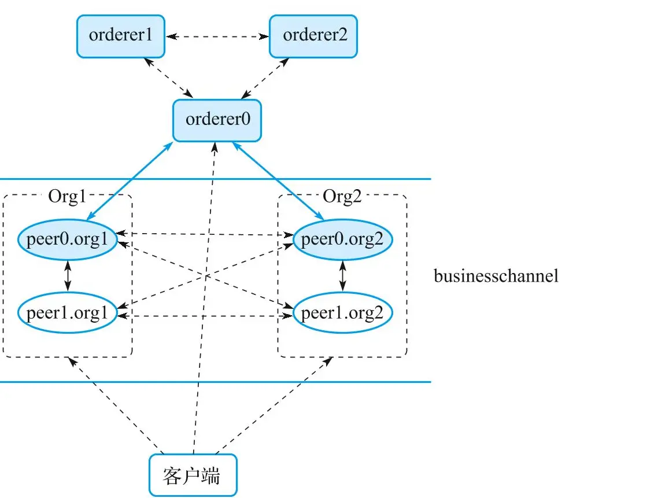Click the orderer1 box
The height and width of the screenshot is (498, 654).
120,36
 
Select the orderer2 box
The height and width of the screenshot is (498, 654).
313,36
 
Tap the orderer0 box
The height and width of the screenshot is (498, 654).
217,120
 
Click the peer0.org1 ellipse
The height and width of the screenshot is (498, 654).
67,239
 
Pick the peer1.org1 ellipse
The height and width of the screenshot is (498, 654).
67,313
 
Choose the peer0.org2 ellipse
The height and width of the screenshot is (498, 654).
342,239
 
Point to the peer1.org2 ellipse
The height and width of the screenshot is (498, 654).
342,313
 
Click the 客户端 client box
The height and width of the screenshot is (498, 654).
193,475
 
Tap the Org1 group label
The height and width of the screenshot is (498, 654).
67,196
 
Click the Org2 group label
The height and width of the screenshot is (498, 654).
342,196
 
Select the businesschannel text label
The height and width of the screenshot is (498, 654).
496,276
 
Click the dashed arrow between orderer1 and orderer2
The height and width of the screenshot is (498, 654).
217,36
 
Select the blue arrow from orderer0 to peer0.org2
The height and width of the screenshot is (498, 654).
278,180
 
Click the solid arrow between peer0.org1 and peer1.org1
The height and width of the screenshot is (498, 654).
68,276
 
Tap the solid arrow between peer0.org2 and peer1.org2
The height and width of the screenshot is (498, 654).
342,276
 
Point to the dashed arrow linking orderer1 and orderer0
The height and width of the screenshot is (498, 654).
168,78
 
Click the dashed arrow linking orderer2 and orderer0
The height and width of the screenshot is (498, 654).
265,78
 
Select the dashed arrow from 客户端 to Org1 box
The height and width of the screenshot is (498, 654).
116,405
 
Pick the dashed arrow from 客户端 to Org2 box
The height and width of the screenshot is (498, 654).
274,405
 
